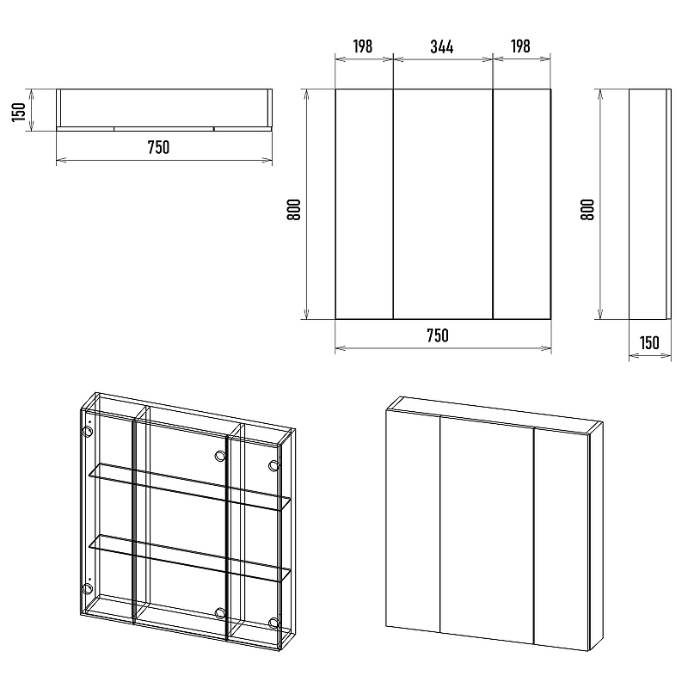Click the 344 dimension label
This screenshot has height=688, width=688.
click(x=441, y=46)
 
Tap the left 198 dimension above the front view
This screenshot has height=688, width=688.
click(x=362, y=46)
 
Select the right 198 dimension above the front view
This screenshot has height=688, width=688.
click(x=520, y=46)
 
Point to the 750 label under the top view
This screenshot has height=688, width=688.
click(x=158, y=147)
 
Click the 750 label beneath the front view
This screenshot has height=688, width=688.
click(x=438, y=335)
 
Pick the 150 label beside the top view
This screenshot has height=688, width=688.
click(x=19, y=112)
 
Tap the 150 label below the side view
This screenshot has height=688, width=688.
click(x=649, y=342)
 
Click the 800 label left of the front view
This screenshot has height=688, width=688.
click(x=294, y=209)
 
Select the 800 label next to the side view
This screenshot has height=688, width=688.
click(x=587, y=209)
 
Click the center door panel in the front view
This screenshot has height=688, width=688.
click(x=443, y=204)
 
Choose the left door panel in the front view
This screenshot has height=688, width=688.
click(x=364, y=204)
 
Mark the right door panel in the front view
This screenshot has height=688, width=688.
click(x=522, y=204)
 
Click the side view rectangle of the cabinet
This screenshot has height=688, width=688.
click(x=650, y=204)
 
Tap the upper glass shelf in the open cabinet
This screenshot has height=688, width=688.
click(x=189, y=487)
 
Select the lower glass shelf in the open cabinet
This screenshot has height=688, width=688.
click(x=189, y=558)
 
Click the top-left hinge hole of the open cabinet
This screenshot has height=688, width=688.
click(x=88, y=431)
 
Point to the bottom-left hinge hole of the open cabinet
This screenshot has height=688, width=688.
click(x=88, y=588)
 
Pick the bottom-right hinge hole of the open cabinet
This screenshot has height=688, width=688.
click(x=273, y=623)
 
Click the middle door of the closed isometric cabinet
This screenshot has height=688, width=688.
click(x=487, y=530)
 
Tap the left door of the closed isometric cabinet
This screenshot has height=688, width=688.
click(x=413, y=521)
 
